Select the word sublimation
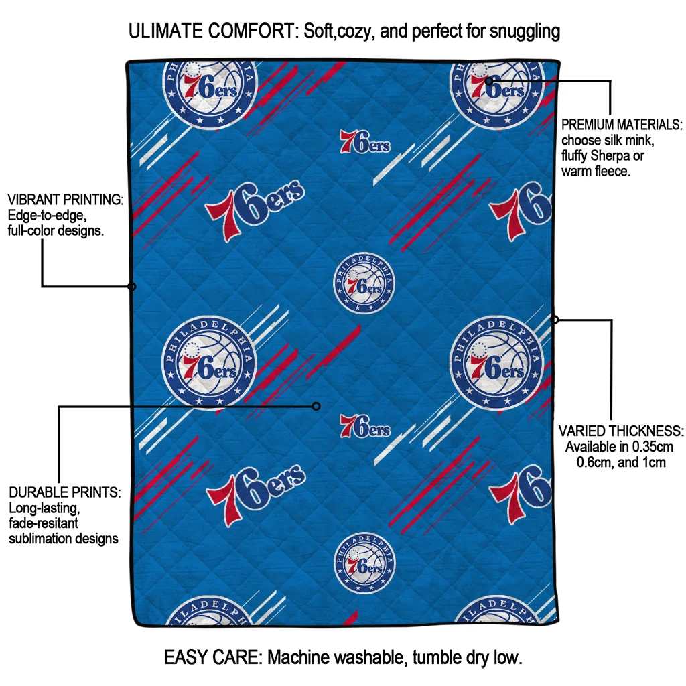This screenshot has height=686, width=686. pos(39,538)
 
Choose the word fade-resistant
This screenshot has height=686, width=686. pos(44,523)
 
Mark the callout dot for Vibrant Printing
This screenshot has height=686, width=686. pos(132,287)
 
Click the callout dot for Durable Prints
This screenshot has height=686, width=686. pos(317,406)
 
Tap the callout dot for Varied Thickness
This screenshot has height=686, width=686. pos(555,320)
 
